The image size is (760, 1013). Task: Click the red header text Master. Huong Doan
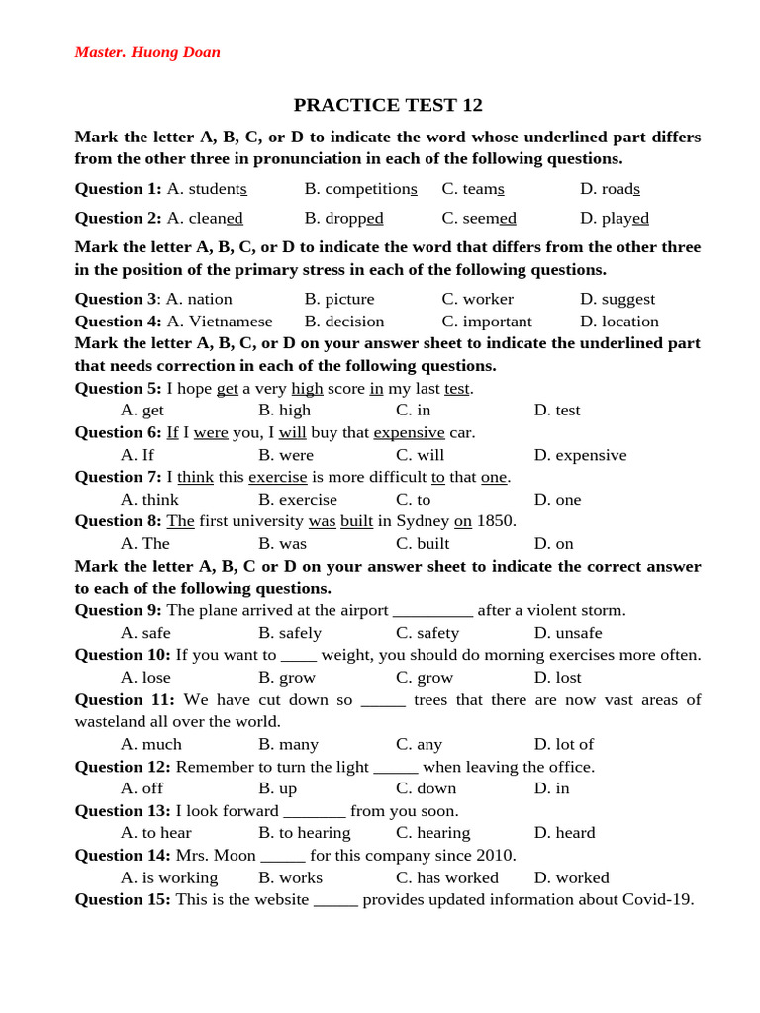coord(147,52)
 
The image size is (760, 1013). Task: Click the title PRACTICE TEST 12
coord(388,105)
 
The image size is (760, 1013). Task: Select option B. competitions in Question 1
coord(360,189)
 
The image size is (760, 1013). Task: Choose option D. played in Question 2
coord(615,218)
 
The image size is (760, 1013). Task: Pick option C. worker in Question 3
coord(478,299)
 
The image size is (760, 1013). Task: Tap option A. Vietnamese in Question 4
coord(220,322)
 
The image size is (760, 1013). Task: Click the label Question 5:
coord(118,388)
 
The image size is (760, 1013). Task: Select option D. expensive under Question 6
coord(580,455)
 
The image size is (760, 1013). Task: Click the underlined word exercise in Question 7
coord(277,477)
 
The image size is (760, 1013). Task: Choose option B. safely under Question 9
coord(290,633)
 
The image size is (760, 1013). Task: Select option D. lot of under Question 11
coord(564,744)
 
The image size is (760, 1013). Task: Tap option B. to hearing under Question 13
coord(305,833)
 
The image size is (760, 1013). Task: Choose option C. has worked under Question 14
coord(447,877)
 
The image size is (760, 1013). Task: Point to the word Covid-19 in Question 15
coord(657,899)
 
